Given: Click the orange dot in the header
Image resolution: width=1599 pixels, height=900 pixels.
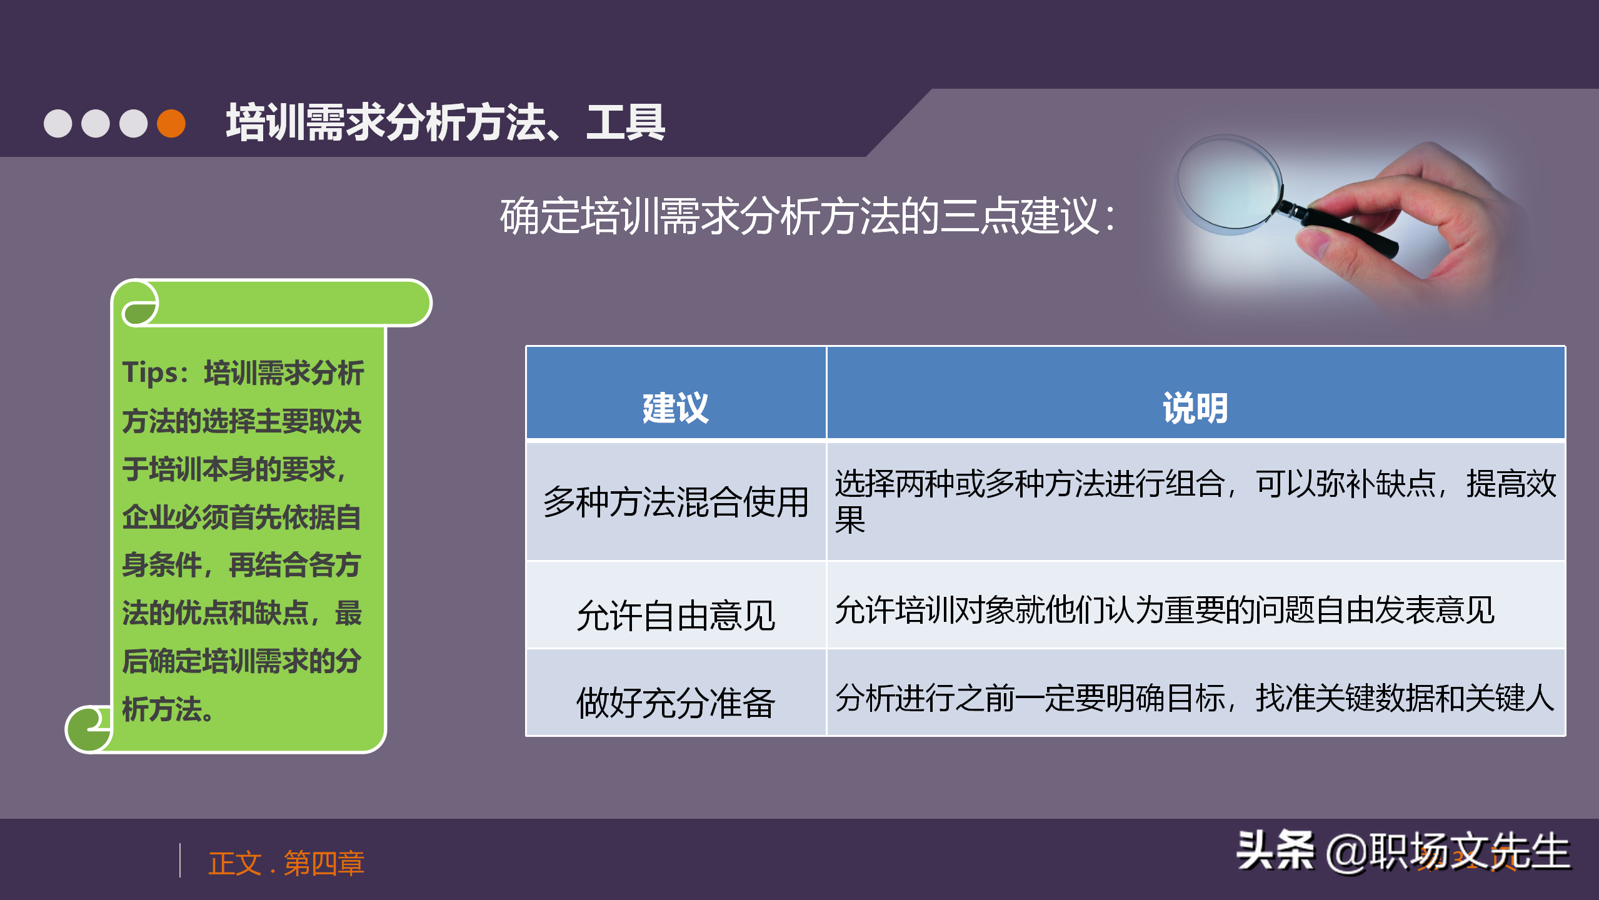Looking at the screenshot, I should (171, 123).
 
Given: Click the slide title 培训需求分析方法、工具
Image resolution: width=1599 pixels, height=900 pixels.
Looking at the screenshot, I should (445, 122).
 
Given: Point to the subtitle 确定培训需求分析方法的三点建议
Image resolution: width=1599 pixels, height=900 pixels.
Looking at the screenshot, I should (806, 216).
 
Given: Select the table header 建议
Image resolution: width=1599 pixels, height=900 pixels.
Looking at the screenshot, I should (675, 408).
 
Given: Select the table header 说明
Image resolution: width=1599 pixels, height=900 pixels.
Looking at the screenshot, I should (1195, 408).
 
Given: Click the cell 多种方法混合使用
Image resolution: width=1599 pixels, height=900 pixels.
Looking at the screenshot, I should (675, 502).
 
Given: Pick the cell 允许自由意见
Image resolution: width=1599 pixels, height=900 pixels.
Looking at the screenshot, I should (675, 616).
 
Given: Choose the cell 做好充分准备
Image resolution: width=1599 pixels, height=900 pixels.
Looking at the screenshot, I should (675, 702).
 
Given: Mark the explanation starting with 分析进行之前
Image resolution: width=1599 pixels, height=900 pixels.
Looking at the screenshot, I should (1194, 698).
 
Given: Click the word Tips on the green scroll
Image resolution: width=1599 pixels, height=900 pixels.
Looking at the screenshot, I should (151, 372).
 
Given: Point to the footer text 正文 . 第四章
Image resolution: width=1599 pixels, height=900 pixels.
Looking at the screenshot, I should (286, 863).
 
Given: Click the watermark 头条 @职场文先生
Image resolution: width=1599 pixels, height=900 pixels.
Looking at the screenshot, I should (1403, 851).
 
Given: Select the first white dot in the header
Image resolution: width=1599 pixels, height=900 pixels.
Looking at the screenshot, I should (58, 123).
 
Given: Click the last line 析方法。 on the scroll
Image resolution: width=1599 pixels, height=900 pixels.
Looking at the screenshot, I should (168, 709).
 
